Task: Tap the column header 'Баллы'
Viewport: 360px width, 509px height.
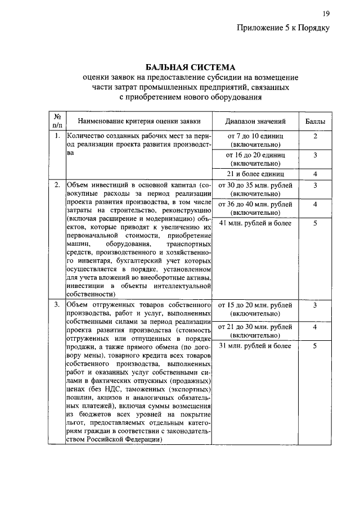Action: (x=315, y=121)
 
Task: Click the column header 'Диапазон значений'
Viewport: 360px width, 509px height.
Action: (x=255, y=121)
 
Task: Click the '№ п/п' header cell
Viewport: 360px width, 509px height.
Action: (x=57, y=121)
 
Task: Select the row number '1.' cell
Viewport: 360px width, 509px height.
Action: (x=57, y=136)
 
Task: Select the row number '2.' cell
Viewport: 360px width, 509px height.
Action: (x=57, y=185)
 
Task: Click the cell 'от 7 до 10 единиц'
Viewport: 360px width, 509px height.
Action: (x=256, y=141)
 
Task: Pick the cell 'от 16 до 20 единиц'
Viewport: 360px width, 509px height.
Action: (x=256, y=159)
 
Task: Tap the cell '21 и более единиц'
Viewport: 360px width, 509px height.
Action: (x=256, y=174)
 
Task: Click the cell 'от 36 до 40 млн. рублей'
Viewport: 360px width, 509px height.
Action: (x=255, y=208)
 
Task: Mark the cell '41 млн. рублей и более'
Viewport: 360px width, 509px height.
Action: (x=255, y=223)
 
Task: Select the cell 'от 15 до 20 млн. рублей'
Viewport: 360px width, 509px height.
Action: (x=255, y=309)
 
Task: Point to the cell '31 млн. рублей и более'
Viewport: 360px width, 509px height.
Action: (x=255, y=346)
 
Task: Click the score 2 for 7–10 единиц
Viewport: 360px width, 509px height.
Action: (x=316, y=137)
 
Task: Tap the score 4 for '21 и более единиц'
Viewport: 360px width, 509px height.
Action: (x=316, y=174)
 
